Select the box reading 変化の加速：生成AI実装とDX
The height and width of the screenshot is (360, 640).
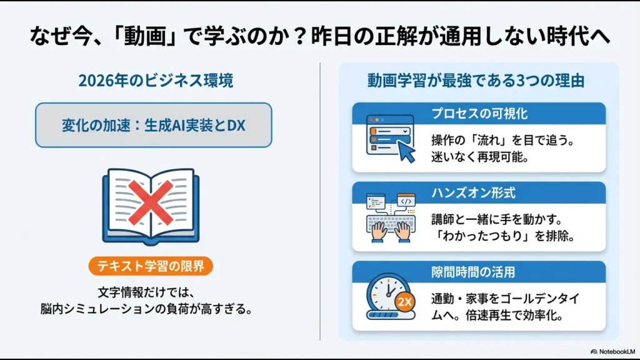(153, 125)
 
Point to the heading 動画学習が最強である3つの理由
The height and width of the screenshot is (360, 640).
(476, 81)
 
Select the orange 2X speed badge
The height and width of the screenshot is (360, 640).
(404, 302)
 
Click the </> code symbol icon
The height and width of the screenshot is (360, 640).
(405, 201)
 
